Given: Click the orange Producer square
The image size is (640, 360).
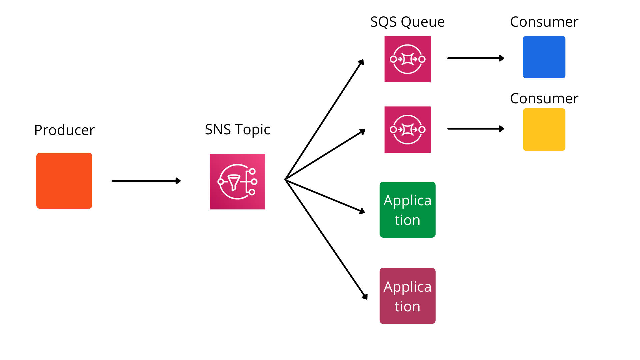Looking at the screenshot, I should [64, 181].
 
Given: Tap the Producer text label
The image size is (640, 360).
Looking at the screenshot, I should [64, 130].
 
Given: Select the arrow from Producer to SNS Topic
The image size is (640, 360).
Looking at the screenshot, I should [146, 181].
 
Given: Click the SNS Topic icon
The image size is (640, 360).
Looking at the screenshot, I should [237, 182].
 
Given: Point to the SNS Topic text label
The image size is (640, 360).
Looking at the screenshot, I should [237, 129].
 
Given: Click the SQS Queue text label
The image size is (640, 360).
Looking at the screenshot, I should [407, 22].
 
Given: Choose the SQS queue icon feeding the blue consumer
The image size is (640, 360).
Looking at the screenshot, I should [407, 59].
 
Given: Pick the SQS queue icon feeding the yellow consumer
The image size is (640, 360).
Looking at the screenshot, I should [407, 129].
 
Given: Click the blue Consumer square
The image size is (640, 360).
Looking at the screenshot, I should [544, 57].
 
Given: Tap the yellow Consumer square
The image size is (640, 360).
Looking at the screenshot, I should [544, 129].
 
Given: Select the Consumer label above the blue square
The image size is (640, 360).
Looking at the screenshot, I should [544, 22].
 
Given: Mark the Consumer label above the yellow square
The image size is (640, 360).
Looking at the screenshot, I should [544, 99].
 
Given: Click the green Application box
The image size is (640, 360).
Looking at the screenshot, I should [407, 210].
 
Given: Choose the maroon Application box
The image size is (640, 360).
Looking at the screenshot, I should [407, 296].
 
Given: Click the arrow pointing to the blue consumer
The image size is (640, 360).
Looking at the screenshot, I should [475, 58].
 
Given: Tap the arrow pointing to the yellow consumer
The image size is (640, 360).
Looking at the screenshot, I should [475, 129].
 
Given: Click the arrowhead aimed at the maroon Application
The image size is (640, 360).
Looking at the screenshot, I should [365, 297].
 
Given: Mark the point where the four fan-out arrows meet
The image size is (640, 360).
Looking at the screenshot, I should [286, 179].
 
